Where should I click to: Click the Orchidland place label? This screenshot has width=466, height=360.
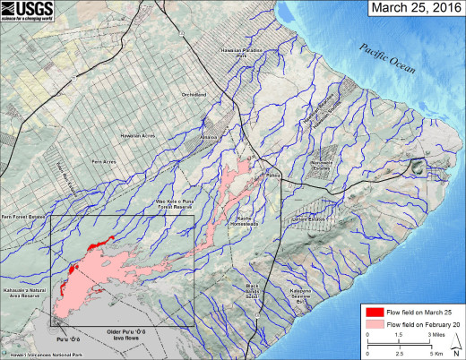click(194, 93)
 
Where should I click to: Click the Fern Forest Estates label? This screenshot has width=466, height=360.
click(24, 216)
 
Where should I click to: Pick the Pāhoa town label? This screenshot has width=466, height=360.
click(273, 176)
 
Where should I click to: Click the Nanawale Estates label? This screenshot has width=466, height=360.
click(321, 164)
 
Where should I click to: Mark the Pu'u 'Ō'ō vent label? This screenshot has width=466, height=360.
click(68, 339)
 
